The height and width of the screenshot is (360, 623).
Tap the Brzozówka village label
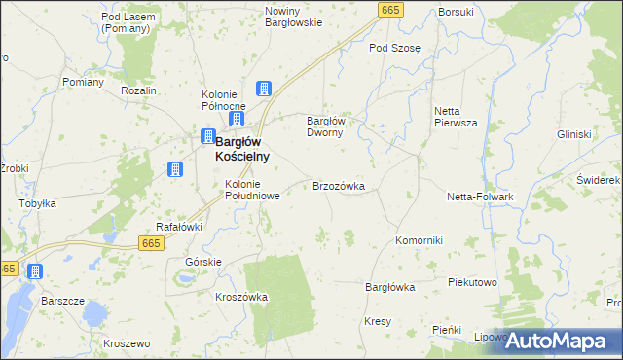[x=338, y=185]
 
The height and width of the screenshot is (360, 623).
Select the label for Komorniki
[x=420, y=240]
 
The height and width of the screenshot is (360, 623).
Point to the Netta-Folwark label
[x=481, y=197]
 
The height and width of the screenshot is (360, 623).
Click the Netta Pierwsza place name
[x=456, y=118]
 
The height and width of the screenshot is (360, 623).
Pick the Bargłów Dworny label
[x=326, y=126]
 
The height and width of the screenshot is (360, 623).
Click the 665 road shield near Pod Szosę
[x=390, y=10]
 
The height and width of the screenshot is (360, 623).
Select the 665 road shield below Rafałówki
[x=150, y=242]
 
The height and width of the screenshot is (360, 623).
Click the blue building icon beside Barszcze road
[x=35, y=271]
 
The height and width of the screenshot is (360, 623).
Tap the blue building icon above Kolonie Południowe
[x=175, y=169]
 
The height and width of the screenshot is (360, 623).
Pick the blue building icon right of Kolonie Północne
[x=263, y=90]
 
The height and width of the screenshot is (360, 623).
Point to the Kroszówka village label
[x=241, y=297]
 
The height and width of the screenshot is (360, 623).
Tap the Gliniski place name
[x=574, y=134]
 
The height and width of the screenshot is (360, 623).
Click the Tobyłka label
[x=38, y=204]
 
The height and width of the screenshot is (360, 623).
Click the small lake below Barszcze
[x=93, y=314]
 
